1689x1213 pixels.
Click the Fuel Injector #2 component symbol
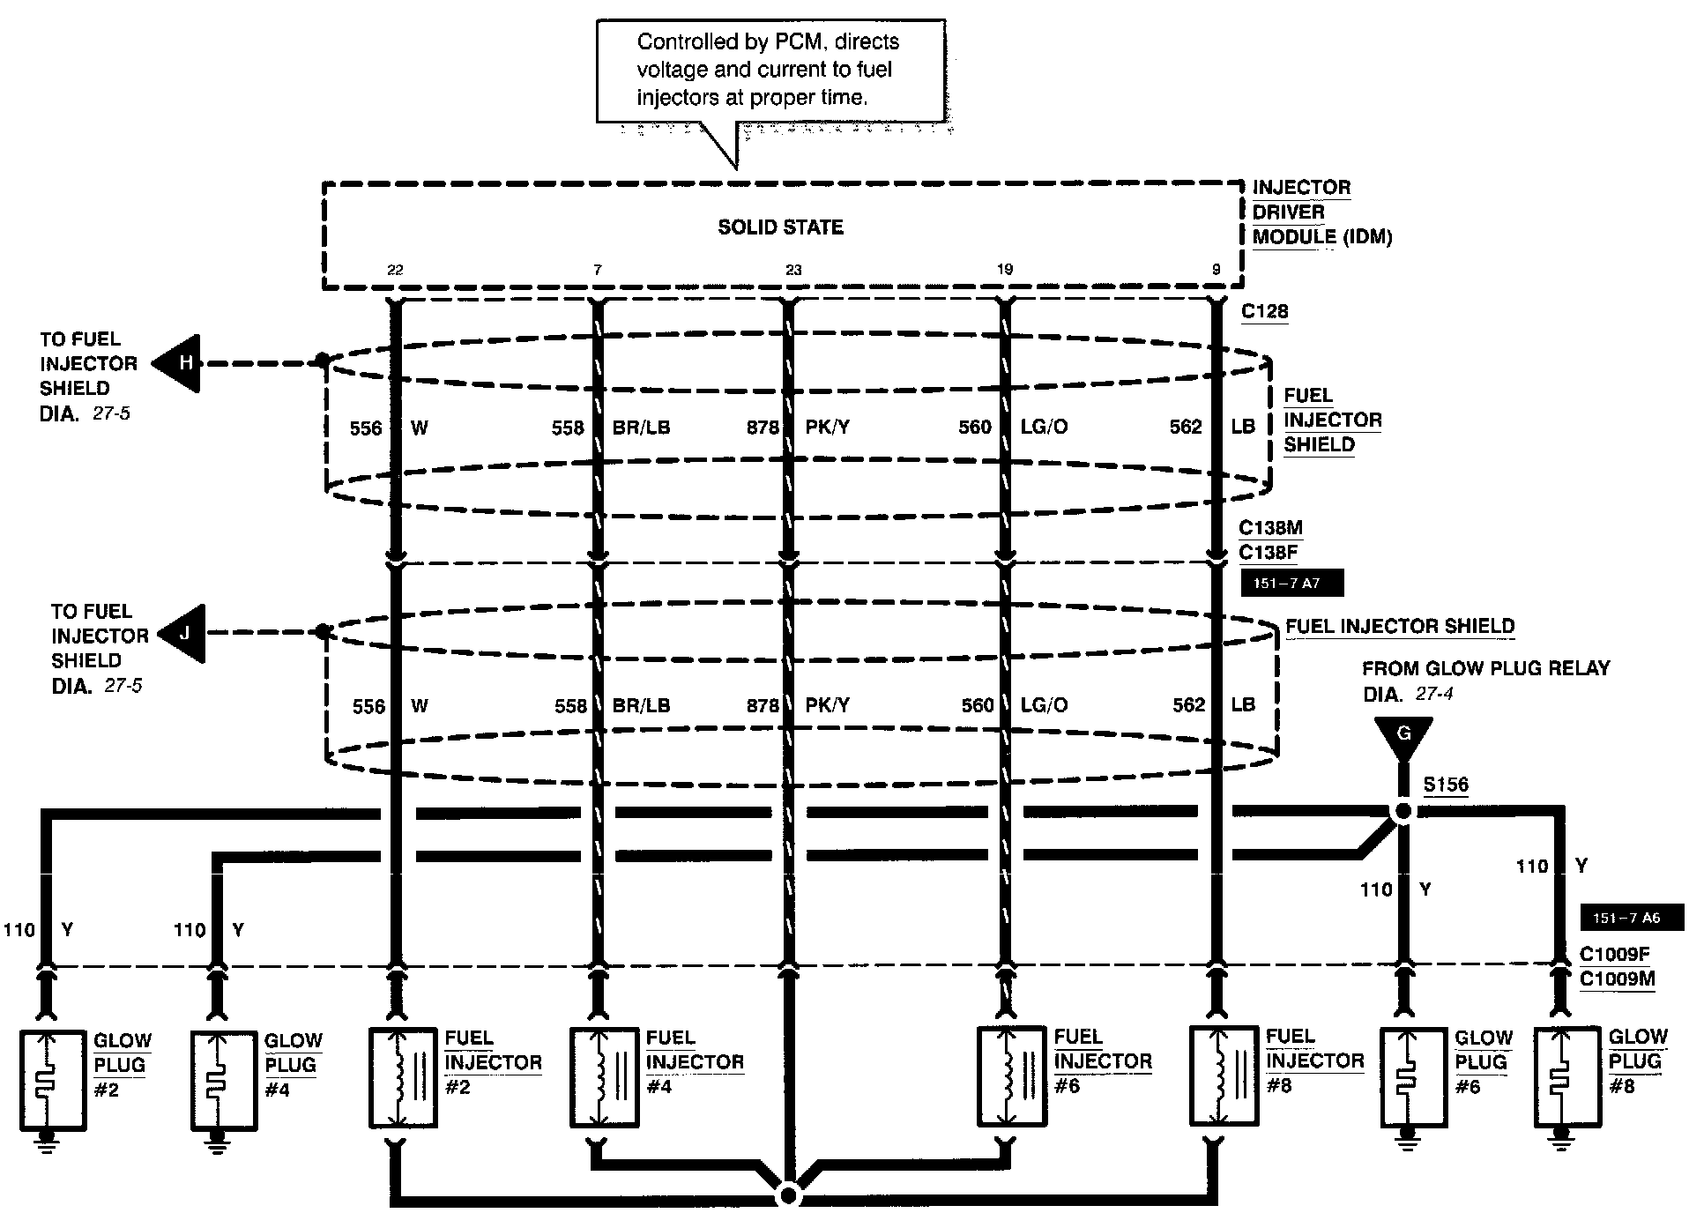tap(402, 1076)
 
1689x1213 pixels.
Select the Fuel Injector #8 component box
tap(1223, 1075)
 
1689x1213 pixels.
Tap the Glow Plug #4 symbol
tap(223, 1079)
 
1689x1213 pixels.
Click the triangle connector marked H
tap(180, 363)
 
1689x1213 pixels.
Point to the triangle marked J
tap(185, 633)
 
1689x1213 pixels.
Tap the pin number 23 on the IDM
tap(793, 270)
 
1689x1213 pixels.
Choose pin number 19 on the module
tap(1005, 270)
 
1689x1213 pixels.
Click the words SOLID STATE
tap(780, 227)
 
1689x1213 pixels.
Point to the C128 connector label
tap(1264, 311)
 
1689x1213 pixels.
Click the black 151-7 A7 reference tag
tap(1291, 583)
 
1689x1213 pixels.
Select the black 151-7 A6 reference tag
tap(1631, 918)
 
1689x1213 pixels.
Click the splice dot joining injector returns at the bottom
tap(789, 1196)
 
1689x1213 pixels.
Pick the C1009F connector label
tap(1615, 955)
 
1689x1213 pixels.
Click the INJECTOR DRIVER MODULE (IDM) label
tap(1321, 212)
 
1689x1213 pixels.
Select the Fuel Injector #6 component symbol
tap(1012, 1076)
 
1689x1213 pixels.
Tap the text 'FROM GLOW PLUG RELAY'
tap(1485, 668)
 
